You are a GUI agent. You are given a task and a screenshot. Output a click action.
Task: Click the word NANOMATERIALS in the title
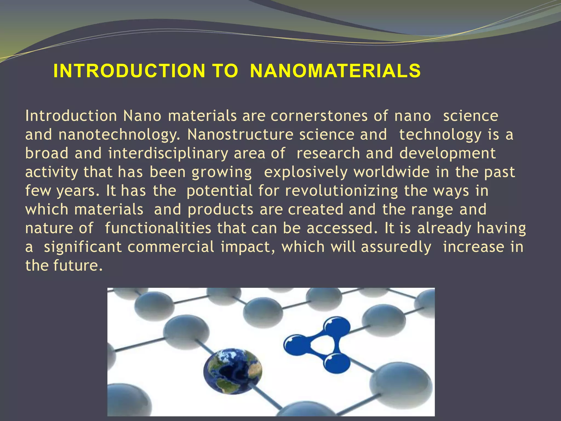tap(335, 71)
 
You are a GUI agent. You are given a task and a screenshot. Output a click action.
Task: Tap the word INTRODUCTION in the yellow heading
tap(129, 71)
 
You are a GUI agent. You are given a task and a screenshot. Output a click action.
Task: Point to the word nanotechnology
tap(119, 135)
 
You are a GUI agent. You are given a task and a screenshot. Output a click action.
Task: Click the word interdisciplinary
tap(168, 153)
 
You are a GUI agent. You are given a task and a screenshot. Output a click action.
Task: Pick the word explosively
tap(306, 172)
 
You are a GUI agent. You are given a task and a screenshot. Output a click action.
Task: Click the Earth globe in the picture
tap(233, 371)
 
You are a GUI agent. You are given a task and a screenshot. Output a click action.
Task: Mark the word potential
tap(219, 191)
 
